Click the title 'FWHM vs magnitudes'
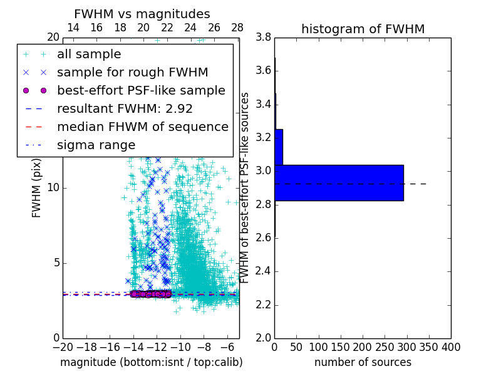coord(142,14)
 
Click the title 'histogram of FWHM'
coord(363,29)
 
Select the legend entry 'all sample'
coord(89,55)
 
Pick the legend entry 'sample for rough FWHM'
coord(132,73)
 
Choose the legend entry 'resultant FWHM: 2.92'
coord(125,108)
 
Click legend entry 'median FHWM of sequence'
coord(142,127)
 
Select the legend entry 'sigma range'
coord(96,145)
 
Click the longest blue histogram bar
coord(339,182)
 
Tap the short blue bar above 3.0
coord(279,147)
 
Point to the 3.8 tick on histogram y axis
coord(263,37)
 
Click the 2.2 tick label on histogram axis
coord(263,305)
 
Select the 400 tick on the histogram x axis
coord(451,347)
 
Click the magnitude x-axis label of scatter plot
coord(151,362)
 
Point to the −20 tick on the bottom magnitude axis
coord(63,347)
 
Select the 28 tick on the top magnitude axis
coord(237,28)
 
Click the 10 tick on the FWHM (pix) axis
coord(53,187)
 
